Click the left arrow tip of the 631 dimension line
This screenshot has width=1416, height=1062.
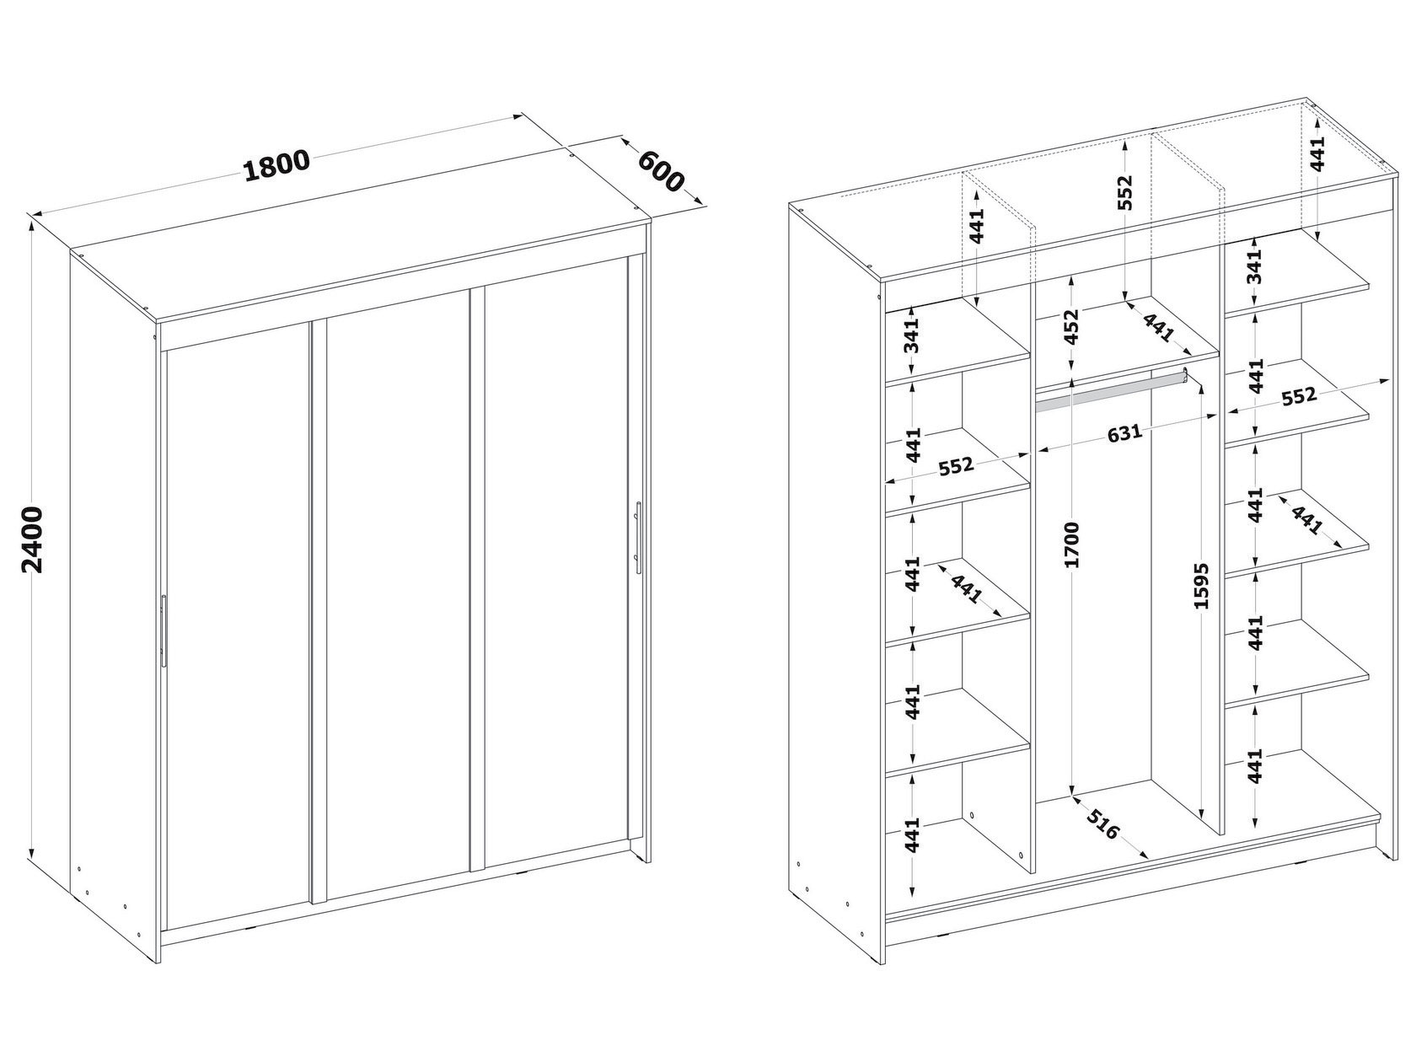click(x=1037, y=452)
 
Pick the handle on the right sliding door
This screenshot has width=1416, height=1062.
click(x=637, y=538)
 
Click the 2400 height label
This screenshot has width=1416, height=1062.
click(x=31, y=540)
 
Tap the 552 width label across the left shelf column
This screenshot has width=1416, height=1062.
click(x=956, y=465)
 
